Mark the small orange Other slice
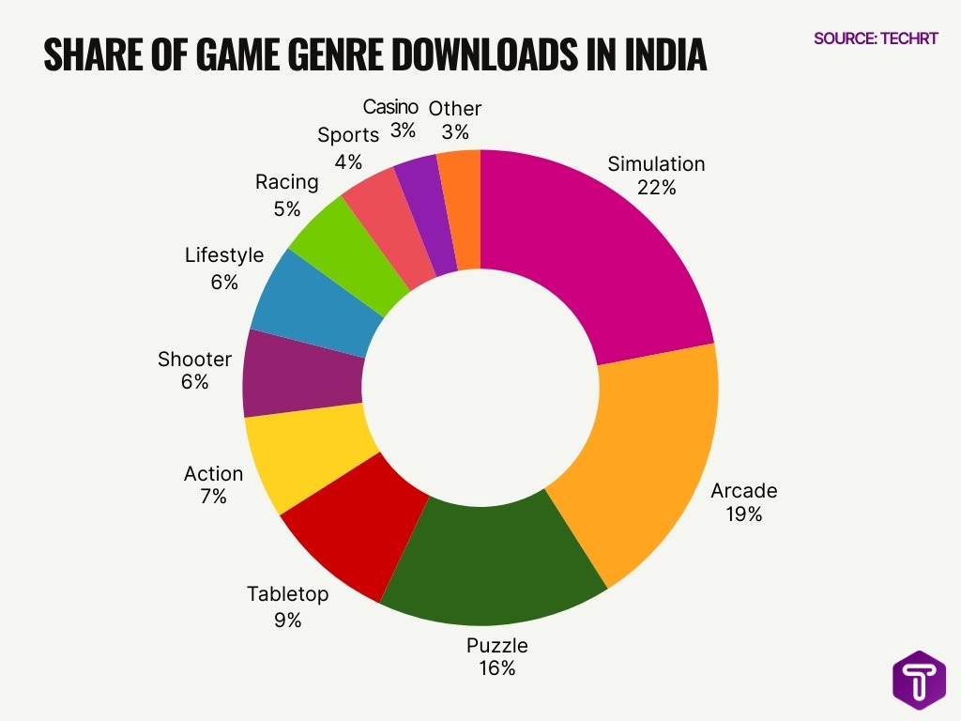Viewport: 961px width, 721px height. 461,207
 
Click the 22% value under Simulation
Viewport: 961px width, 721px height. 656,188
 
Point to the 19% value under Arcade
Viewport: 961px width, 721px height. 743,514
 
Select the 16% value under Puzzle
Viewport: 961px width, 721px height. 496,668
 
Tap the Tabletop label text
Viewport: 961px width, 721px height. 288,594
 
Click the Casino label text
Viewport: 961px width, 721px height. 390,107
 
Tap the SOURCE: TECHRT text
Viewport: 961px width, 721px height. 876,39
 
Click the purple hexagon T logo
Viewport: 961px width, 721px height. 919,681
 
